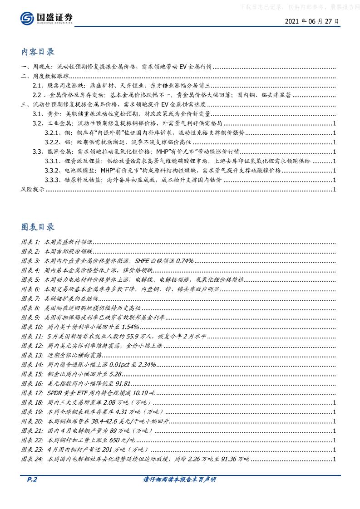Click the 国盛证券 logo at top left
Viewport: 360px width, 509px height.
coord(46,18)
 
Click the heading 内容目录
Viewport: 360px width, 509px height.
coord(38,52)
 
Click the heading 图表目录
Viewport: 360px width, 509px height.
coord(38,227)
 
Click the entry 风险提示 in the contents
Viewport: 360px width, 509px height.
coord(33,190)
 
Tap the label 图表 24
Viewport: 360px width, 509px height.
coord(32,460)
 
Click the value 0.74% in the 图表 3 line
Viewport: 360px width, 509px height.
coord(185,261)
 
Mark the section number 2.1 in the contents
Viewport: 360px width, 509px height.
coord(37,86)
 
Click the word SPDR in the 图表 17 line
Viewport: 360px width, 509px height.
coord(53,393)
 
